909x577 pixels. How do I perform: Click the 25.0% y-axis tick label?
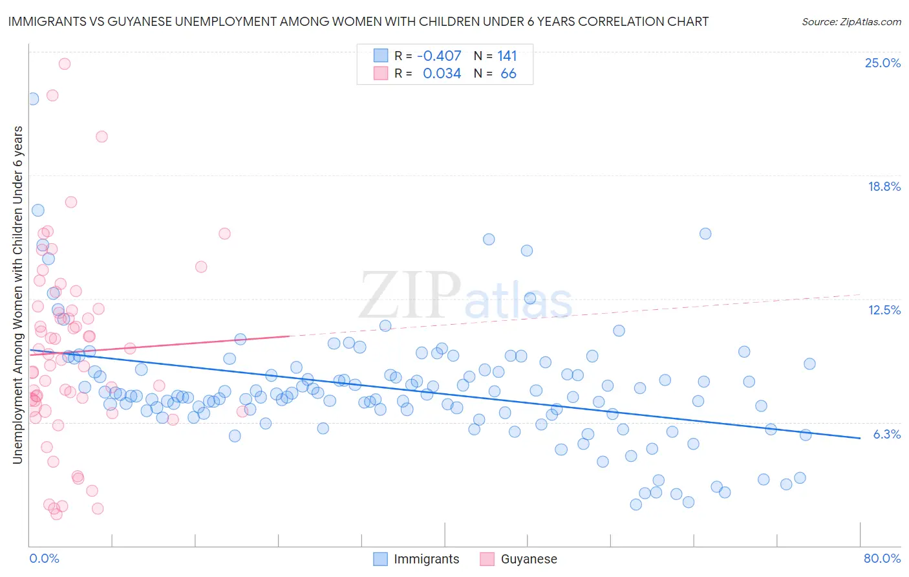(x=882, y=63)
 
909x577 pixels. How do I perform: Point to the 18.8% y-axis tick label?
(x=884, y=187)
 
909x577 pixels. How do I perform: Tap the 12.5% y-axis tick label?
(x=884, y=310)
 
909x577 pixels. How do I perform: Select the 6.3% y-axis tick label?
(x=886, y=435)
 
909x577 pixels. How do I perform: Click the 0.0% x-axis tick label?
(x=44, y=559)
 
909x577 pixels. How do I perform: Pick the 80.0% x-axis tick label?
(x=882, y=559)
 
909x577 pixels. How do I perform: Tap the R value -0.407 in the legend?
(x=439, y=56)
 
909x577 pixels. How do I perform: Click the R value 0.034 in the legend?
(x=442, y=74)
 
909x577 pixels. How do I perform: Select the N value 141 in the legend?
(x=507, y=56)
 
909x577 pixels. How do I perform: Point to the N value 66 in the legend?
(x=508, y=74)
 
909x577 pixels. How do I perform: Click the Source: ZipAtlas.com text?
(x=851, y=22)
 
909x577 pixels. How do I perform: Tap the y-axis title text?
(x=18, y=295)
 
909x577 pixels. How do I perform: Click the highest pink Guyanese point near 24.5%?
(x=64, y=64)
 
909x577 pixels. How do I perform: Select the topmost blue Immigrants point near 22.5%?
(x=33, y=99)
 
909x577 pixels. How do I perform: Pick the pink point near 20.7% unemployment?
(x=102, y=136)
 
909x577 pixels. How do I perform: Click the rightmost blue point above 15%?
(x=705, y=234)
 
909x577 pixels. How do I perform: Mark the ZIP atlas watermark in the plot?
(x=465, y=296)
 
